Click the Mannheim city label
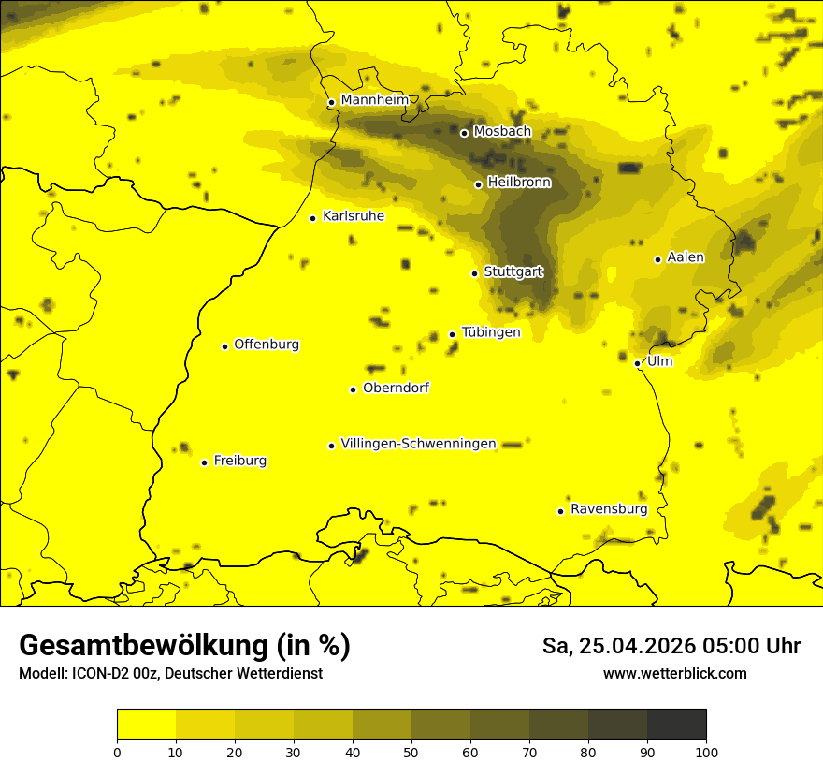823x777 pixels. (375, 100)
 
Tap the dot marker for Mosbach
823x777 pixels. (464, 133)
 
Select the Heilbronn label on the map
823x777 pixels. (519, 183)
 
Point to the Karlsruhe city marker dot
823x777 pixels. (313, 218)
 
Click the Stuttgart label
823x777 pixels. (513, 271)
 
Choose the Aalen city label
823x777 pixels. (686, 257)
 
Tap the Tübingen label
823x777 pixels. (491, 332)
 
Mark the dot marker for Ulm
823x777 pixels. (638, 363)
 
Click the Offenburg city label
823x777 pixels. (267, 345)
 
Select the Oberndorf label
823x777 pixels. (396, 388)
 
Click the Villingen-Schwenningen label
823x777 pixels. (418, 444)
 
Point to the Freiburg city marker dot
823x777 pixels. (205, 462)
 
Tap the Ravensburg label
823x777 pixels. (609, 509)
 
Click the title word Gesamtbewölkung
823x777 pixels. (144, 646)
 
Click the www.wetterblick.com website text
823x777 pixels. (674, 673)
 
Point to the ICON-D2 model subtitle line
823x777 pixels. (170, 673)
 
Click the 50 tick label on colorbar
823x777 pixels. (411, 752)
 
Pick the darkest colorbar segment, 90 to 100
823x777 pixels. (676, 725)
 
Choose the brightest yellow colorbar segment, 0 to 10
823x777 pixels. (146, 725)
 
